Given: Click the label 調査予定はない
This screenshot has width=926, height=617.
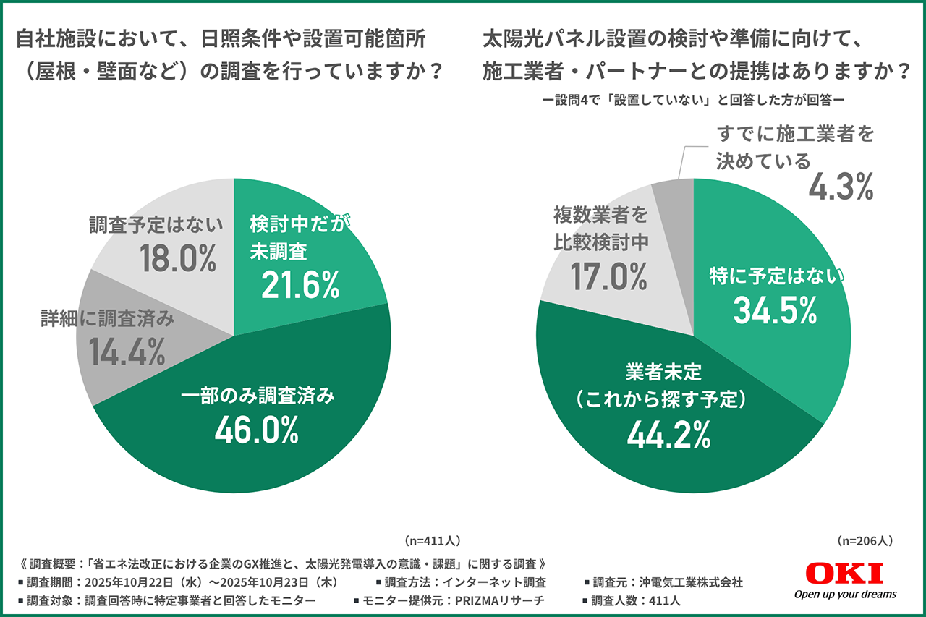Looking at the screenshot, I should (157, 226).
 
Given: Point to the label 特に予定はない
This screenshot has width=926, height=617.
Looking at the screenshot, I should (775, 276).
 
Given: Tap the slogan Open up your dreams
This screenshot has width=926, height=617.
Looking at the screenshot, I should (845, 594).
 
